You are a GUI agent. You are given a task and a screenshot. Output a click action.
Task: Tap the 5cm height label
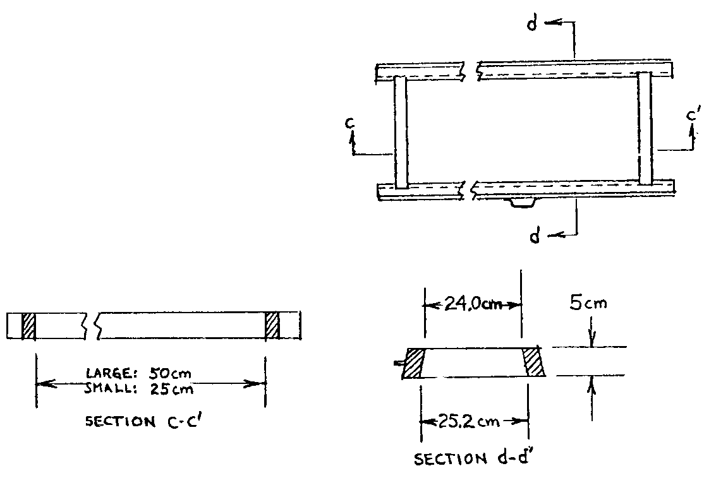[x=588, y=303]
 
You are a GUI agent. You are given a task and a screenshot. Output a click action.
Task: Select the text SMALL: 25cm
[x=138, y=389]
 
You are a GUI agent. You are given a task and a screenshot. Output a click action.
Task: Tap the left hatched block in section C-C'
[x=29, y=325]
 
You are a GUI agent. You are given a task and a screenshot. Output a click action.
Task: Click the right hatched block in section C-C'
[x=272, y=325]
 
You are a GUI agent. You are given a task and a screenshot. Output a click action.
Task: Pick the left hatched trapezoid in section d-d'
[x=414, y=363]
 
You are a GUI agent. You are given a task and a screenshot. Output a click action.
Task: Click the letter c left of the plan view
[x=348, y=123]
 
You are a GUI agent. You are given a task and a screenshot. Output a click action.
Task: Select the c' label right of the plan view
[x=693, y=116]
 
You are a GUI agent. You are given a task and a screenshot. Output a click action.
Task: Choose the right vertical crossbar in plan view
[x=644, y=128]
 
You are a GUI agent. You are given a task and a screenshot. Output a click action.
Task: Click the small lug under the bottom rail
[x=520, y=203]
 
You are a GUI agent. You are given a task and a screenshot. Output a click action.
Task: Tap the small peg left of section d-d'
[x=397, y=363]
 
